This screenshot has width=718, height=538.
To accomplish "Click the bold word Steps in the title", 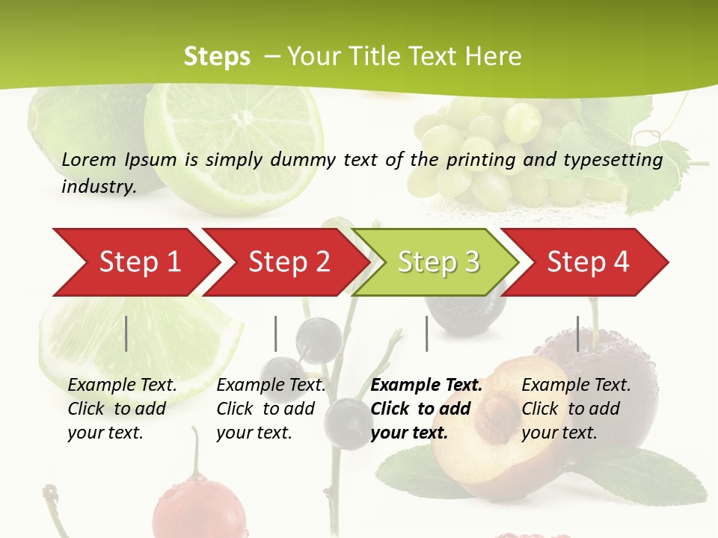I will coord(217,56).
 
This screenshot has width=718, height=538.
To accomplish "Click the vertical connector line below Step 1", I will coord(126,333).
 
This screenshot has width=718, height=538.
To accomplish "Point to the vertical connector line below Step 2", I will coord(276,333).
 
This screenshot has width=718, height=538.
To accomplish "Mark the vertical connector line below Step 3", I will coord(426,333).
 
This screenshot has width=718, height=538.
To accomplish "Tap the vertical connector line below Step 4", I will coord(577,333).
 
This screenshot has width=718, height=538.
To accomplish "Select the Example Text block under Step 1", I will coord(122,409).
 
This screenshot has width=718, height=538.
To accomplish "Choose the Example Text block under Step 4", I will coord(576,409).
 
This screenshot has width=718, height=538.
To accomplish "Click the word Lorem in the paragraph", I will coord(89,159).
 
